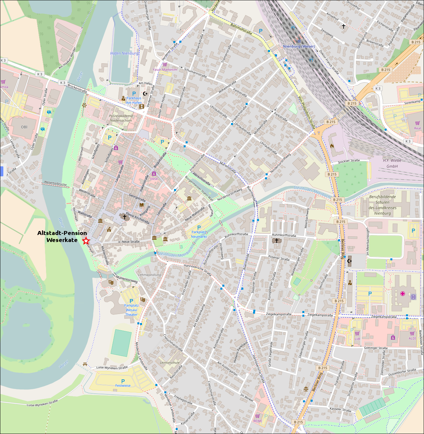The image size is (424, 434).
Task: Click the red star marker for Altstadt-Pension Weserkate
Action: pyautogui.click(x=86, y=241)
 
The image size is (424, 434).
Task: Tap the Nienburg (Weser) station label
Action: pyautogui.click(x=299, y=46)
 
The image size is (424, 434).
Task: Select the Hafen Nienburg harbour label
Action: pyautogui.click(x=124, y=53)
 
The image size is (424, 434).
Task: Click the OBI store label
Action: pyautogui.click(x=24, y=127)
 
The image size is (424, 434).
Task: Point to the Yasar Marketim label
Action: pyautogui.click(x=165, y=70)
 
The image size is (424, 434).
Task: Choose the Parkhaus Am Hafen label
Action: pyautogui.click(x=134, y=100)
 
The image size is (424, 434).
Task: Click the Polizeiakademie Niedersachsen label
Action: pyautogui.click(x=121, y=118)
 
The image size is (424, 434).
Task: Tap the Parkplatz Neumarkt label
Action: pyautogui.click(x=199, y=234)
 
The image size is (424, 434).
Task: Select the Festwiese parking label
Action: pyautogui.click(x=123, y=386)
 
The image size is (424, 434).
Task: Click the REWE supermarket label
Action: pyautogui.click(x=258, y=421)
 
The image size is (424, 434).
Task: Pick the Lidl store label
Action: pyautogui.click(x=357, y=339)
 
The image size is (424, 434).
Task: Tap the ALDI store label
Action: pyautogui.click(x=412, y=338)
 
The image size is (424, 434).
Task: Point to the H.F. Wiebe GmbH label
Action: pyautogui.click(x=392, y=163)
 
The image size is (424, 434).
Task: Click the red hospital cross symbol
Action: pyautogui.click(x=403, y=294)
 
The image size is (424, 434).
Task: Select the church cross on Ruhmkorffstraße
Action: pyautogui.click(x=276, y=240)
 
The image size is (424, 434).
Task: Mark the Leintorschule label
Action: pyautogui.click(x=170, y=363)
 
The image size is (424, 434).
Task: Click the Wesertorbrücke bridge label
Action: pyautogui.click(x=55, y=183)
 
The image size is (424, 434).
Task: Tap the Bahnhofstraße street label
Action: pyautogui.click(x=241, y=29)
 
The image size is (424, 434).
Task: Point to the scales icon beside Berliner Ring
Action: pyautogui.click(x=306, y=389)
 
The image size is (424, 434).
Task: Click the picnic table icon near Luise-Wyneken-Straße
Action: pyautogui.click(x=85, y=364)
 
